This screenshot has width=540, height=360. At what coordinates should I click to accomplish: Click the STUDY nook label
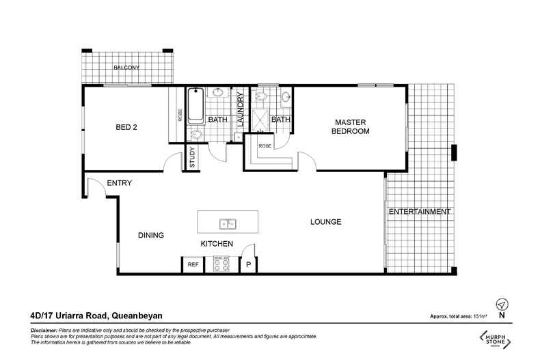(x=192, y=158)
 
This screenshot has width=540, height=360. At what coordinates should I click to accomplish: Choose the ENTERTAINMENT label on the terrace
(x=419, y=212)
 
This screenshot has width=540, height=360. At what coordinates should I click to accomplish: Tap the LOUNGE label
(x=325, y=223)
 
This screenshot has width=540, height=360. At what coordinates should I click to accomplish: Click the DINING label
(x=151, y=236)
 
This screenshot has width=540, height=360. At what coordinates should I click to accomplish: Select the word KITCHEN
(x=217, y=244)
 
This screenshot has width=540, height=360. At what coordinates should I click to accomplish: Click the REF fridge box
(x=193, y=264)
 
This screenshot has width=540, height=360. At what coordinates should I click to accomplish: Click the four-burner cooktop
(x=221, y=264)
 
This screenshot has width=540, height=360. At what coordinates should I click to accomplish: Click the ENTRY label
(x=119, y=183)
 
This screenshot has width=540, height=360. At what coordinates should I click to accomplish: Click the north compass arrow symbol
(x=502, y=304)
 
